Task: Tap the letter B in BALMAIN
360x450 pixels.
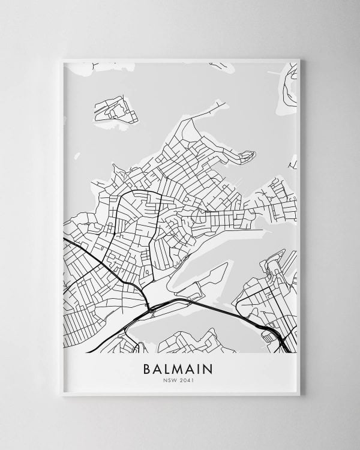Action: (x=148, y=367)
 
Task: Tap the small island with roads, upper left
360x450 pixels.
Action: (x=112, y=109)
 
